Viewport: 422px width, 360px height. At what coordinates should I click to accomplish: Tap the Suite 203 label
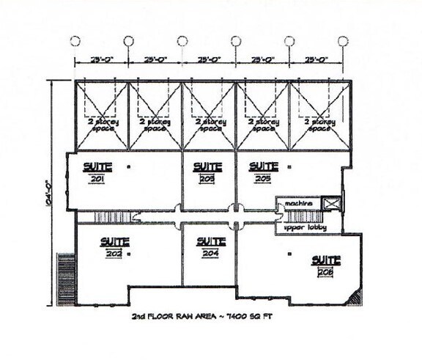[209, 171]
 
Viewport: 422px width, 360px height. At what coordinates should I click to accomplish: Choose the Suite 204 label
[211, 246]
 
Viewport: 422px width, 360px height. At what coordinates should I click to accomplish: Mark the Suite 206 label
[325, 265]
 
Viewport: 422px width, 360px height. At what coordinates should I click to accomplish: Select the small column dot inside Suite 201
[128, 168]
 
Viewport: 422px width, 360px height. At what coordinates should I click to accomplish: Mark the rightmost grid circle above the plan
[344, 40]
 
